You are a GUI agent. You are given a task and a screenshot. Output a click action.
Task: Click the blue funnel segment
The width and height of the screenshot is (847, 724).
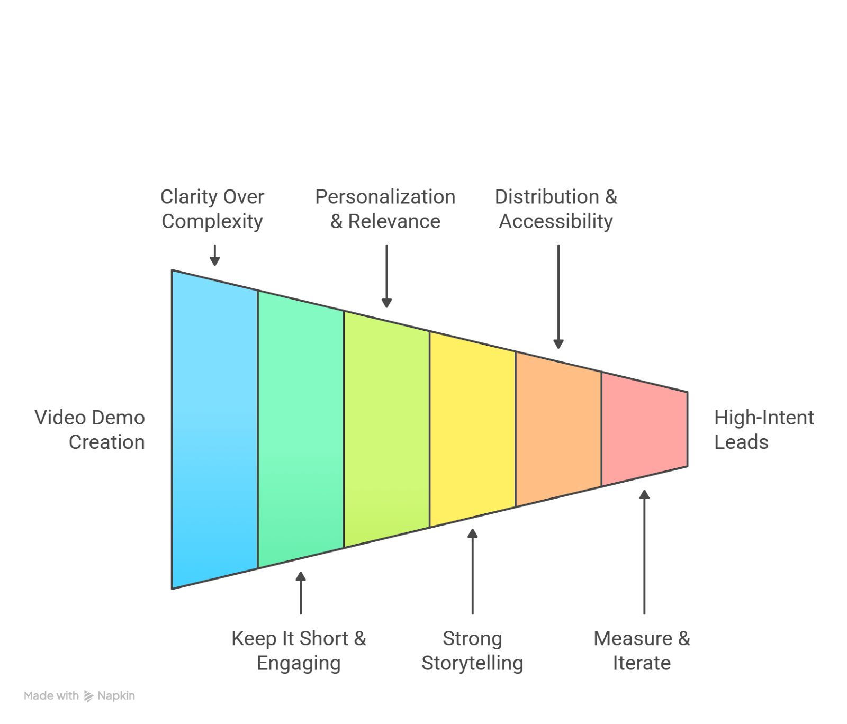click(214, 429)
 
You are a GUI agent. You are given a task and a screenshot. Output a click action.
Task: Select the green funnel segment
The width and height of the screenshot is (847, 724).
click(301, 429)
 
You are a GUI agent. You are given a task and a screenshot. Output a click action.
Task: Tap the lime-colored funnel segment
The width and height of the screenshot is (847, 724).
click(386, 429)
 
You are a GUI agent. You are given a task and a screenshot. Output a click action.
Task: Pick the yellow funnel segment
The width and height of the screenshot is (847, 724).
click(472, 429)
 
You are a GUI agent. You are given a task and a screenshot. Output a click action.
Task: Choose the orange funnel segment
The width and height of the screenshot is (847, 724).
click(558, 429)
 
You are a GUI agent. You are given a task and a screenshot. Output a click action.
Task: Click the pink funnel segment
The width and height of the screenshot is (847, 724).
click(644, 429)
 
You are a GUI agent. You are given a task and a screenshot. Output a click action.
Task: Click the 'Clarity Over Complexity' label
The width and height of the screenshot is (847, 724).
click(212, 209)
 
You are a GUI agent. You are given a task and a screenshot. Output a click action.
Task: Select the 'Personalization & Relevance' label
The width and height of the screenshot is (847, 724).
click(385, 209)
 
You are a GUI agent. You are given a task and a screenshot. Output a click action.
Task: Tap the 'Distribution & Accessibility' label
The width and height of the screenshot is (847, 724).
click(556, 209)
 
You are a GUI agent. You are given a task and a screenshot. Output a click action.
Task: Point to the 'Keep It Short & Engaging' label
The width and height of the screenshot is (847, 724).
click(299, 650)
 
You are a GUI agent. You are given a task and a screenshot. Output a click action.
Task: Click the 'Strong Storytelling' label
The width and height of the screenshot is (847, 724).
click(472, 650)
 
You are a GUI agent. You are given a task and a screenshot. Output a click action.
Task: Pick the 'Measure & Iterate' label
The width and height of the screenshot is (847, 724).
click(642, 650)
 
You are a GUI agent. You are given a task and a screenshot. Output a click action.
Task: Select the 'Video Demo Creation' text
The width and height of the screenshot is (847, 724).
click(90, 430)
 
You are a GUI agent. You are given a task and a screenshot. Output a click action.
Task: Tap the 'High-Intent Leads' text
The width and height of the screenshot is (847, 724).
click(763, 430)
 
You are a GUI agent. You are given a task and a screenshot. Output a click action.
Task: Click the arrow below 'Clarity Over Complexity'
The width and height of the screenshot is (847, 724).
click(214, 255)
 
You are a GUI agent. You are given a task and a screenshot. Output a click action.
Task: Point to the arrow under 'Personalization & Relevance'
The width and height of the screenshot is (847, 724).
click(386, 276)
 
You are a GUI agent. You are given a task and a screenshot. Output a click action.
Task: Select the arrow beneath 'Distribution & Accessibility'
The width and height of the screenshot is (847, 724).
click(558, 296)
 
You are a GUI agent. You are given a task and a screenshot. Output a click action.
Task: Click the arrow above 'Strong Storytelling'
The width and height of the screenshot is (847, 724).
click(472, 571)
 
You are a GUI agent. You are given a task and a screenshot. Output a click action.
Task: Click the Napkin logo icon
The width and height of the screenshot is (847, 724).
click(88, 696)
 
